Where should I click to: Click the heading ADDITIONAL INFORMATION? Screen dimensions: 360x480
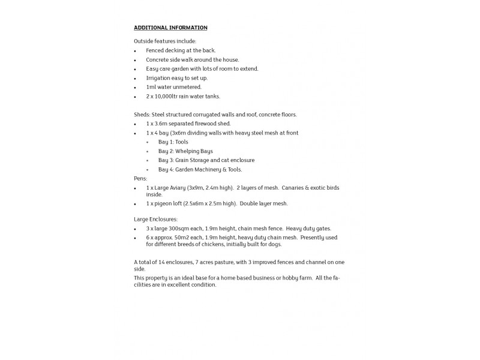tap(170, 28)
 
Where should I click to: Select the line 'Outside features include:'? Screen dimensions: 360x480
tap(161, 41)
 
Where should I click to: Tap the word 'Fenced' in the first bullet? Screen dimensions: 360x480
tap(155, 50)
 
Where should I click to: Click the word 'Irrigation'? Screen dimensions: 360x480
tap(158, 78)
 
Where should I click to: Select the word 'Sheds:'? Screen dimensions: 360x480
tap(142, 115)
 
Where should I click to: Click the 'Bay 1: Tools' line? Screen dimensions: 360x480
tap(173, 142)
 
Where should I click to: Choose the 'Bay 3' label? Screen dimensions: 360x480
tap(166, 160)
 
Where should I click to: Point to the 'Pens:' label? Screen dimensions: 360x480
tap(140, 179)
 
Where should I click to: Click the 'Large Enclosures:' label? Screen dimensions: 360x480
tap(156, 220)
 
